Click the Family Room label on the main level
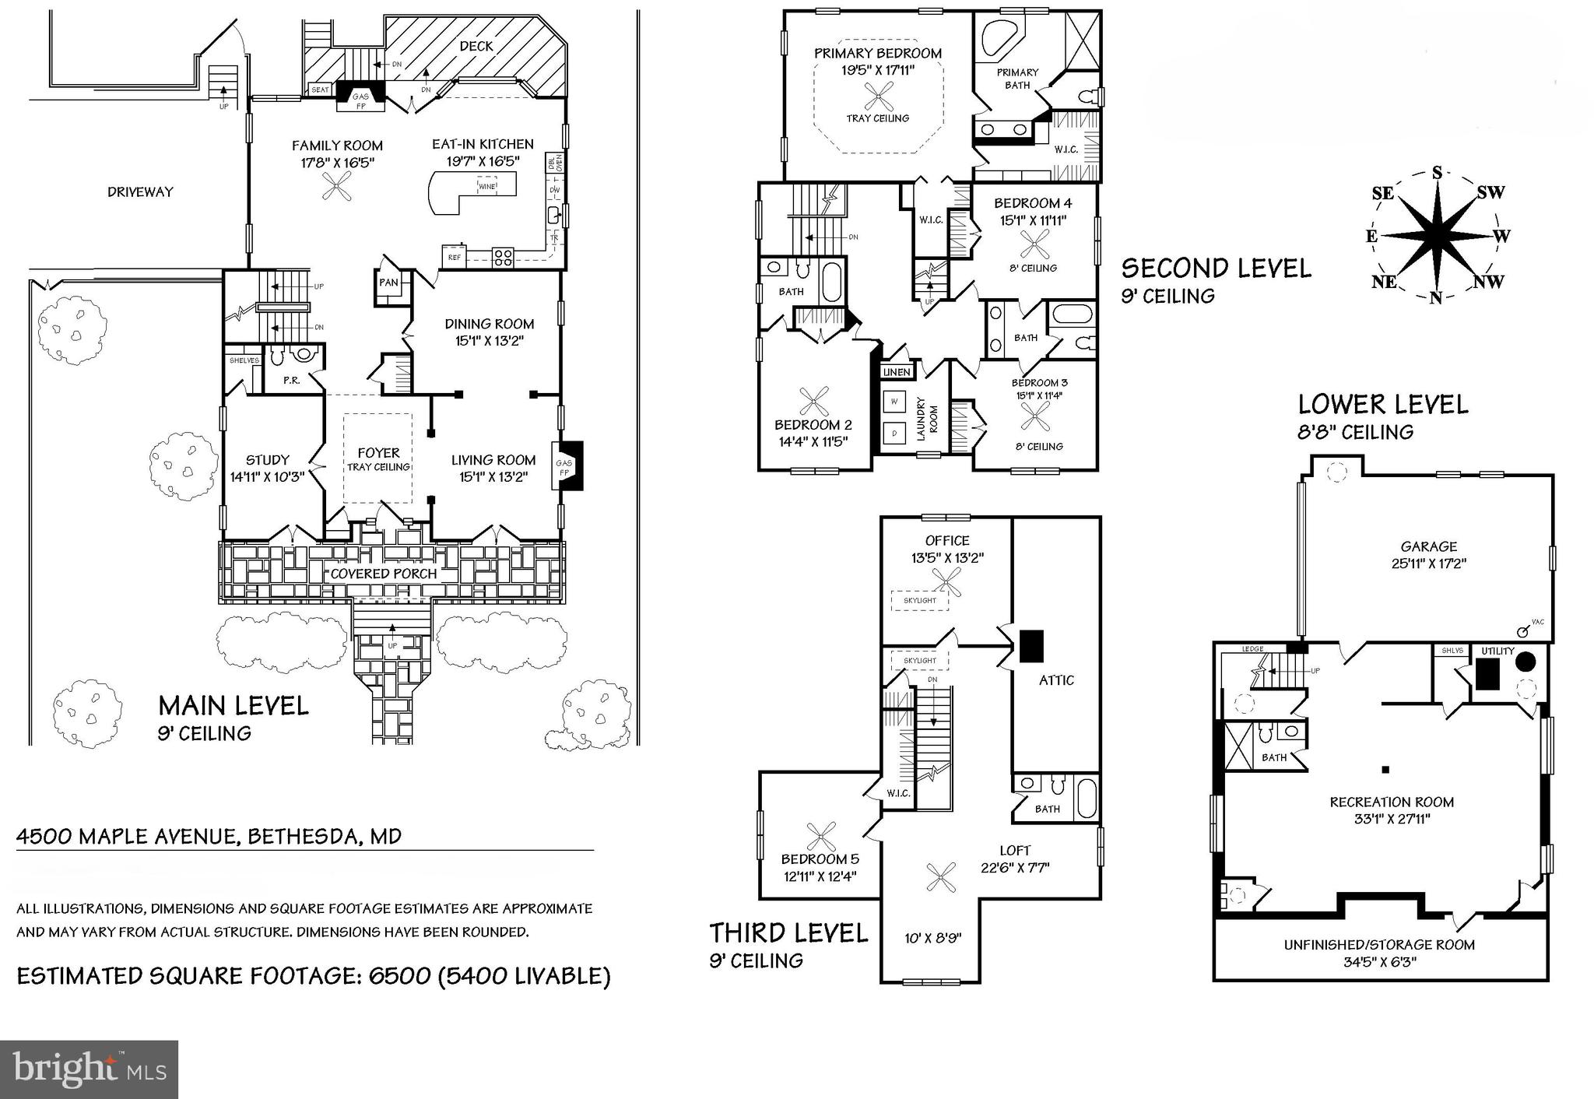point(337,146)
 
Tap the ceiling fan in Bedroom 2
point(813,403)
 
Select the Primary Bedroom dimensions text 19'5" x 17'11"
point(878,70)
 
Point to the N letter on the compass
point(1436,297)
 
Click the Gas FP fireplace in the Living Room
point(568,466)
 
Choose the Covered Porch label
point(384,574)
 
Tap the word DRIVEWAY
point(140,192)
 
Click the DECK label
point(476,46)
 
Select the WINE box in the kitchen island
point(487,187)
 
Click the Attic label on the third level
point(1056,680)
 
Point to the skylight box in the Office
point(920,600)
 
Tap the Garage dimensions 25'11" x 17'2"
point(1428,564)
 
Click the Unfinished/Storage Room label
point(1379,945)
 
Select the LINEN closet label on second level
point(897,372)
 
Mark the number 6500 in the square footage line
point(392,976)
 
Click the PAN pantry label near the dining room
point(388,283)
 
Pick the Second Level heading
point(1216,269)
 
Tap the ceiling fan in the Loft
point(943,878)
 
